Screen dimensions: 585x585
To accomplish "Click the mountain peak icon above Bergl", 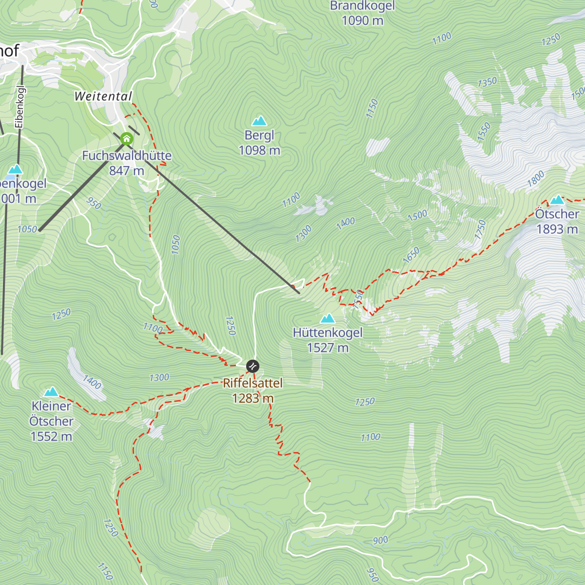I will (x=259, y=121).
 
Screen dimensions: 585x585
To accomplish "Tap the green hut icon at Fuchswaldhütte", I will (x=127, y=139).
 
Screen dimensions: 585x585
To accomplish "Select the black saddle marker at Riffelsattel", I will (x=253, y=366).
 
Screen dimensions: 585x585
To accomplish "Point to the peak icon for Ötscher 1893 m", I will (x=557, y=199).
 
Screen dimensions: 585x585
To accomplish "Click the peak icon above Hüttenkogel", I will (x=328, y=319).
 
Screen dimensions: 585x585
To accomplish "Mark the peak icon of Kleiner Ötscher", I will (x=51, y=392).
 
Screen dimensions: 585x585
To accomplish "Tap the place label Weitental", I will (x=103, y=97).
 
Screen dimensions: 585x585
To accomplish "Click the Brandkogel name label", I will (x=362, y=6).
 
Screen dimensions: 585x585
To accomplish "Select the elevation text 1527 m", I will (x=328, y=348).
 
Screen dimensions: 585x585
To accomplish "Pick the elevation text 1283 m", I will (x=253, y=398).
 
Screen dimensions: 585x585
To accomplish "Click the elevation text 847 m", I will (x=127, y=171).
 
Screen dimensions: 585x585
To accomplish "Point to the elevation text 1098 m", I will (x=259, y=150).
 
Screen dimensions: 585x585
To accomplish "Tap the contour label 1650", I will (x=411, y=255).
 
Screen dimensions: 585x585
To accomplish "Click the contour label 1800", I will (x=535, y=179).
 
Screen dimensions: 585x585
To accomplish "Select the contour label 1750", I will (x=480, y=229).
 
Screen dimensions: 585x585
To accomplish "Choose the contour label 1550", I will (x=484, y=132).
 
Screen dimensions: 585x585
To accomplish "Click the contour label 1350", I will (x=487, y=82).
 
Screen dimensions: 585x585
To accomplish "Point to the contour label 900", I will (x=380, y=540).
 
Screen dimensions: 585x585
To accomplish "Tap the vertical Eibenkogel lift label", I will (x=19, y=107).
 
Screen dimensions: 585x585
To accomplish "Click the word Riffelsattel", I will (x=253, y=383).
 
